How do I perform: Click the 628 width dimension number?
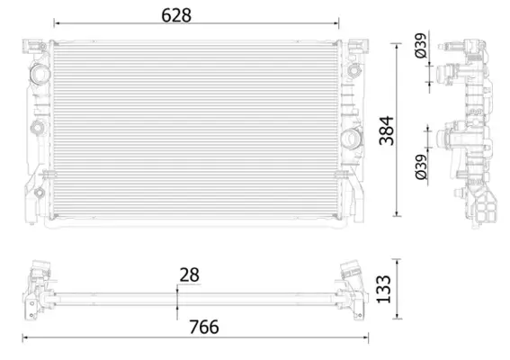pos(176,15)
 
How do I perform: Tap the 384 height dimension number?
pos(387,130)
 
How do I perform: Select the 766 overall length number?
pos(204,327)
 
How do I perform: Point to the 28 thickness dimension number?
pos(189,275)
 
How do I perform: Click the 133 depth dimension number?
pos(384,290)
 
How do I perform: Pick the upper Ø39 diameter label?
pos(421,46)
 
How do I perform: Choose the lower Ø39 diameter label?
pos(421,167)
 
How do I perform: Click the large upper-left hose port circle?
pos(40,74)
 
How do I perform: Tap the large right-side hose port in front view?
pos(351,139)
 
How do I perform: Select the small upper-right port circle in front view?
pos(353,70)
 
